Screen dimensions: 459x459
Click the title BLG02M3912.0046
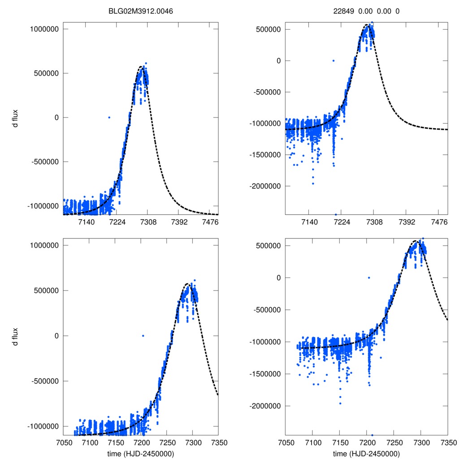tap(141, 11)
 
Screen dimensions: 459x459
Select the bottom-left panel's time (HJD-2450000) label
tap(141, 454)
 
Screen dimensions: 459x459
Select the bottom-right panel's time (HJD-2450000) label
tap(366, 454)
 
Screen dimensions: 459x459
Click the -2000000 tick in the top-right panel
tap(266, 186)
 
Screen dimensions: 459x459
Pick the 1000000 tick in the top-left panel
tap(44, 29)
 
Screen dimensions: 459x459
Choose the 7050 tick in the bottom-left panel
tap(63, 443)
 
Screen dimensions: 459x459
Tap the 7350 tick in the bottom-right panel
tap(448, 443)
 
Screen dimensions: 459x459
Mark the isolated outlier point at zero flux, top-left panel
tap(109, 117)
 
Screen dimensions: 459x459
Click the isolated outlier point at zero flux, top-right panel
tap(333, 61)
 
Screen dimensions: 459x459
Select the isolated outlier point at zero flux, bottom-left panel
tap(143, 336)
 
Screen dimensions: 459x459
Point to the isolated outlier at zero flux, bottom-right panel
tap(369, 278)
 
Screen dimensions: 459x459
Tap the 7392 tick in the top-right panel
tap(406, 222)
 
